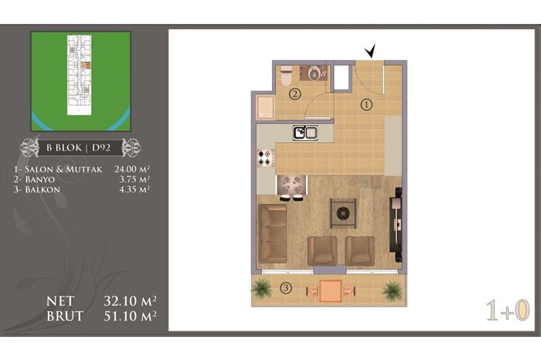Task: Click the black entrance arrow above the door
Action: (x=370, y=52)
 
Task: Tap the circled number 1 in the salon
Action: (x=366, y=104)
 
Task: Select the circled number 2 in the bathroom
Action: (x=295, y=93)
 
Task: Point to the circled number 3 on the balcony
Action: (x=286, y=287)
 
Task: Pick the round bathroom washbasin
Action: (x=313, y=73)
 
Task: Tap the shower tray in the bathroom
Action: (x=265, y=107)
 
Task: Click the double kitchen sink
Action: (x=305, y=133)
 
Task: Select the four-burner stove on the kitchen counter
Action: (x=266, y=158)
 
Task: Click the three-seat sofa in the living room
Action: (x=273, y=233)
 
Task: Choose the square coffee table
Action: (x=343, y=213)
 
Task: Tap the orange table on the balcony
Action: (x=331, y=290)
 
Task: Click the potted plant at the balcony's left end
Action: (x=263, y=289)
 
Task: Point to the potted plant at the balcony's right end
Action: (x=393, y=291)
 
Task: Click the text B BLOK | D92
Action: (x=79, y=148)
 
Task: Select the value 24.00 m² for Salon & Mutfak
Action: (x=132, y=169)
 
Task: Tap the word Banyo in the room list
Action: (x=40, y=179)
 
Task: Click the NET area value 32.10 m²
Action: (x=130, y=301)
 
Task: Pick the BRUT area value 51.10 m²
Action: (x=130, y=316)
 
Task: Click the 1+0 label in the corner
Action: (x=508, y=311)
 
